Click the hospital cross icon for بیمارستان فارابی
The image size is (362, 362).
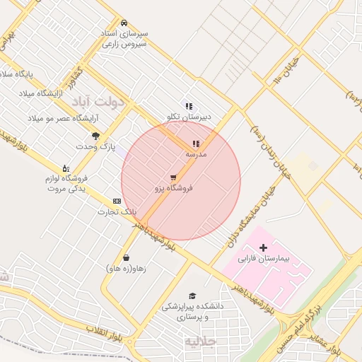coord(264,248)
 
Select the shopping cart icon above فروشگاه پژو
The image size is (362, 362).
coord(174,177)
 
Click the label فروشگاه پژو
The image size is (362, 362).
coord(174,188)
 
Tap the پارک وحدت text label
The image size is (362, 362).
coord(95,146)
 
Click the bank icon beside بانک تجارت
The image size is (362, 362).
coord(117,202)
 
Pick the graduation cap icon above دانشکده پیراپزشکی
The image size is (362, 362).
coord(192,296)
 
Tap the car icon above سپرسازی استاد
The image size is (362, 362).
coord(124,23)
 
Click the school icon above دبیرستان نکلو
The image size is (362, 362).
coord(189,106)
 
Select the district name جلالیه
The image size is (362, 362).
coord(202,342)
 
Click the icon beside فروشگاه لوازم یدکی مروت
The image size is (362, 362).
coord(66,168)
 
